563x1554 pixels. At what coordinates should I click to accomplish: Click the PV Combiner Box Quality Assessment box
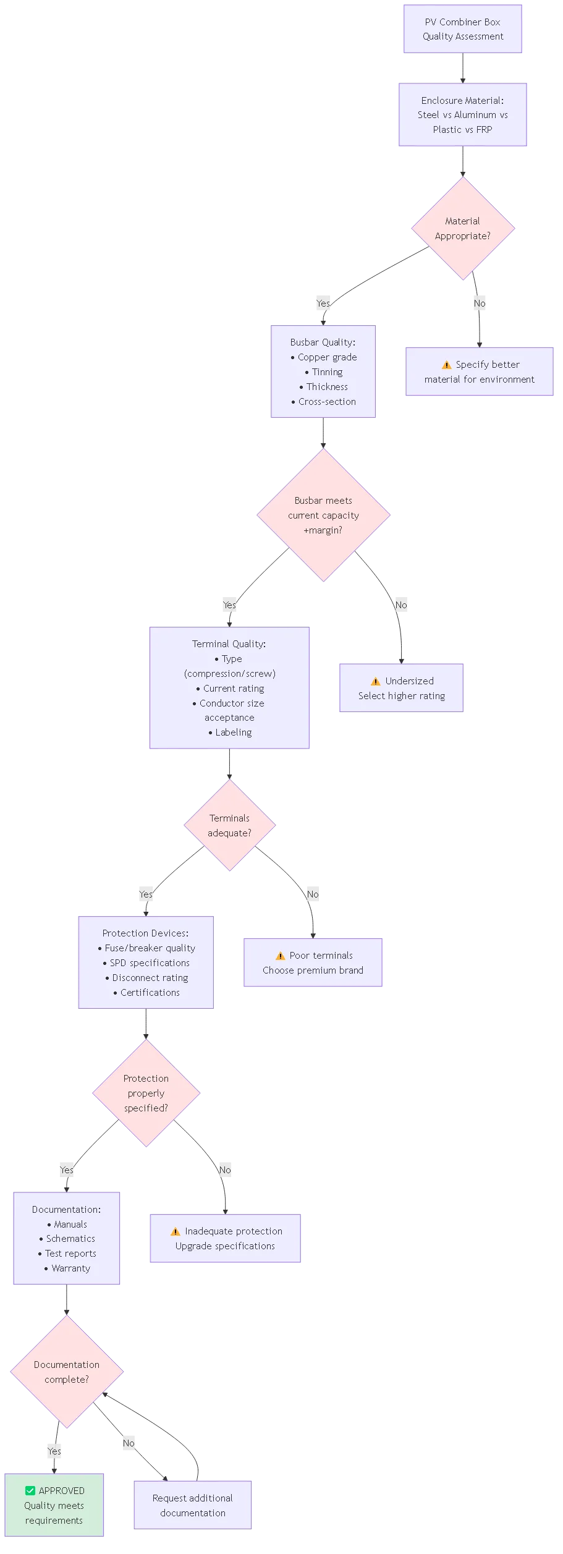pyautogui.click(x=462, y=29)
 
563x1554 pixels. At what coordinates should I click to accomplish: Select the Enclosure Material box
pyautogui.click(x=462, y=114)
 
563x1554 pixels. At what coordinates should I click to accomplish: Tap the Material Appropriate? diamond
pyautogui.click(x=462, y=229)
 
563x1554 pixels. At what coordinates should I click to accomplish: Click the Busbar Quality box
pyautogui.click(x=323, y=372)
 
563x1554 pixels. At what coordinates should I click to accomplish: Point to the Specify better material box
pyautogui.click(x=479, y=372)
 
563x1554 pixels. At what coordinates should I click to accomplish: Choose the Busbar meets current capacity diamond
pyautogui.click(x=323, y=515)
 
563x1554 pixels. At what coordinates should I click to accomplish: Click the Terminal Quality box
pyautogui.click(x=229, y=688)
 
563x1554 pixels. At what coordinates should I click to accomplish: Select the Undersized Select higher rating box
pyautogui.click(x=401, y=688)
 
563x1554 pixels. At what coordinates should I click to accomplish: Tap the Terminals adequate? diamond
pyautogui.click(x=229, y=825)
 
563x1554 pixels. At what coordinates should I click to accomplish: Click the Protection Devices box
pyautogui.click(x=146, y=962)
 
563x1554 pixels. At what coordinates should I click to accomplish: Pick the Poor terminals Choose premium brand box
pyautogui.click(x=313, y=962)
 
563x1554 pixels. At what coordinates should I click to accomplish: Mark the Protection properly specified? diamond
pyautogui.click(x=146, y=1093)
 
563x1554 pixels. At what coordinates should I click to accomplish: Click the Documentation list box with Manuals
pyautogui.click(x=67, y=1239)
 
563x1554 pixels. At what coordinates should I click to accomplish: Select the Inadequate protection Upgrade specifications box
pyautogui.click(x=225, y=1239)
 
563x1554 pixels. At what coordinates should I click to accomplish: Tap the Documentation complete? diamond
pyautogui.click(x=67, y=1372)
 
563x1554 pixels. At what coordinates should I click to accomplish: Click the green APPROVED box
pyautogui.click(x=54, y=1505)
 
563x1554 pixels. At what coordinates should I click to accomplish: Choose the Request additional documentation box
pyautogui.click(x=193, y=1505)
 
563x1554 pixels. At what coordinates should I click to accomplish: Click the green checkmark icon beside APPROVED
pyautogui.click(x=30, y=1490)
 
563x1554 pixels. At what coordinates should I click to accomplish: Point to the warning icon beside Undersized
pyautogui.click(x=375, y=681)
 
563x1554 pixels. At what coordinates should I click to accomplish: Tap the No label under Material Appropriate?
pyautogui.click(x=480, y=304)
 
